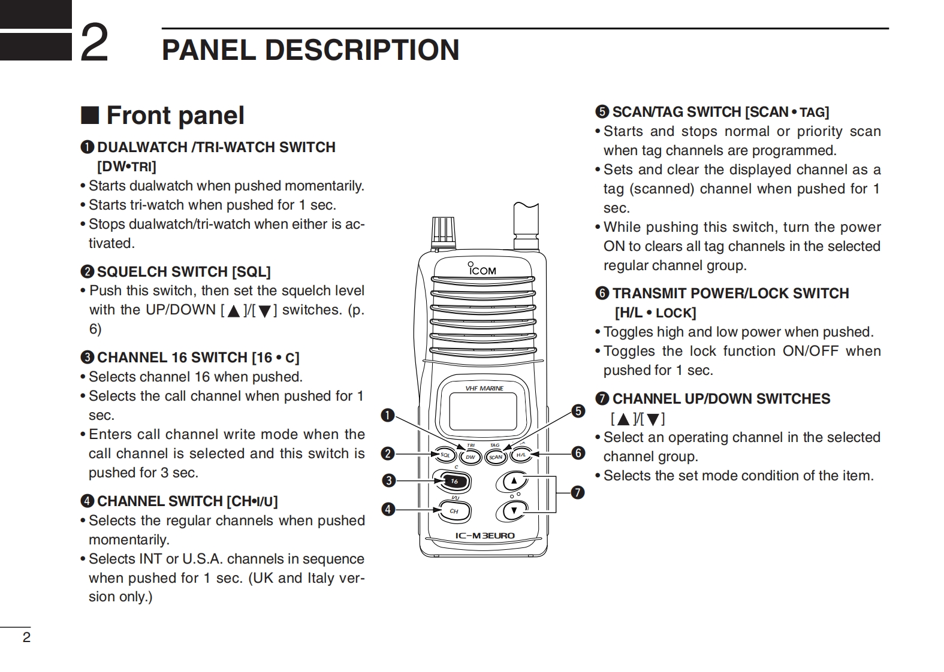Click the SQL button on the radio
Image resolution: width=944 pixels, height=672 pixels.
point(445,455)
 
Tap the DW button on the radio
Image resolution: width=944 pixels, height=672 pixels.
point(471,457)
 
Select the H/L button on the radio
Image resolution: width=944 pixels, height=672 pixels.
point(521,455)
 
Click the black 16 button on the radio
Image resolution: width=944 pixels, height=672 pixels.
point(454,481)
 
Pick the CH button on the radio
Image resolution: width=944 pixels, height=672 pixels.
point(454,511)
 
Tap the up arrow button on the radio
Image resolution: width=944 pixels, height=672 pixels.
point(514,480)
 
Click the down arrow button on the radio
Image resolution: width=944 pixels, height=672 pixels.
point(514,510)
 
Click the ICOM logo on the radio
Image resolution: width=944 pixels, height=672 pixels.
point(482,270)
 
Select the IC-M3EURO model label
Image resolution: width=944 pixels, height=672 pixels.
point(484,535)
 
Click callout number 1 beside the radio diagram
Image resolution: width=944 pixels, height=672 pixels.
point(388,415)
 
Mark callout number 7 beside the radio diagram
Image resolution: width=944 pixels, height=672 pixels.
point(577,492)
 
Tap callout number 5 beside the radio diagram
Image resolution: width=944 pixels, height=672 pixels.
point(578,411)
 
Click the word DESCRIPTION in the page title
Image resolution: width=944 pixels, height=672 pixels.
point(362,50)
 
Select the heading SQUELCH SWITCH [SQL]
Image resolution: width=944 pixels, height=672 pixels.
point(183,272)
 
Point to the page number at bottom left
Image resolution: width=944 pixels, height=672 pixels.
point(26,637)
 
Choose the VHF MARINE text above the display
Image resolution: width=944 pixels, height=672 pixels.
point(484,388)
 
